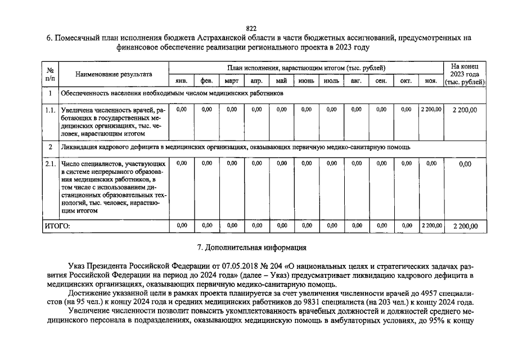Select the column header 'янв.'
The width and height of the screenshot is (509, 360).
pos(182,81)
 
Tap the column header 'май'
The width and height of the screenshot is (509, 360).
pos(281,81)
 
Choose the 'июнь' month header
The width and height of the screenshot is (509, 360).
pos(306,81)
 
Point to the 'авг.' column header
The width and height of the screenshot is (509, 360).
pos(356,81)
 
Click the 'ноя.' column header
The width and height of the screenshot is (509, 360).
pos(431,81)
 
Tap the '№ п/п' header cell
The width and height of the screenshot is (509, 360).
pos(50,74)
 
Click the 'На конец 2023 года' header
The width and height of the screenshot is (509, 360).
pos(465,74)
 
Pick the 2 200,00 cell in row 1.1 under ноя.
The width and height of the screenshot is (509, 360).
pos(431,110)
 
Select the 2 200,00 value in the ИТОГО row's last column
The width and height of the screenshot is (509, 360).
pos(465,226)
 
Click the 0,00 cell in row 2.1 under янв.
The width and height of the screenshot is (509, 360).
pos(182,163)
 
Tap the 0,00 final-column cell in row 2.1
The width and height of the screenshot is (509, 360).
pos(465,164)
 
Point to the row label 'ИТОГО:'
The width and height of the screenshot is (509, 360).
pos(58,226)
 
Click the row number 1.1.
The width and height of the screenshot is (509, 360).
pos(50,110)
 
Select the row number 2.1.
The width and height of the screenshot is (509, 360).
pos(50,164)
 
